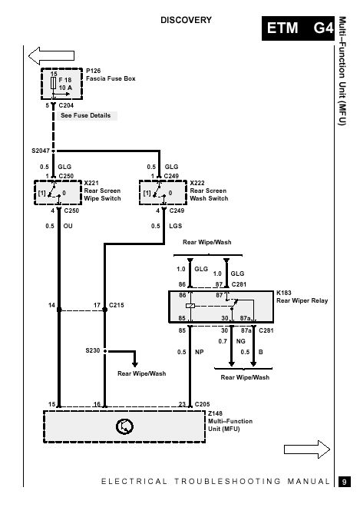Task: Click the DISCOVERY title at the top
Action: point(186,20)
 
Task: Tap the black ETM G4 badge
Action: point(298,28)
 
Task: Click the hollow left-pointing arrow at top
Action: point(51,55)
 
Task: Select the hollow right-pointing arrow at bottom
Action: point(307,449)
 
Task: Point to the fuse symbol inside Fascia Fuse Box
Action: point(54,83)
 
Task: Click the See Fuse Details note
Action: point(86,115)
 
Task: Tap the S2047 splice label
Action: point(40,151)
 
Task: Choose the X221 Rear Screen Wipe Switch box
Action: point(58,192)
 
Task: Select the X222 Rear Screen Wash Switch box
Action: point(163,192)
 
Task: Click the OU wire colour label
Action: point(68,226)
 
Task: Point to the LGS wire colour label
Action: point(175,226)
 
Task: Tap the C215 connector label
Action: point(116,305)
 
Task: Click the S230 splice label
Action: point(93,350)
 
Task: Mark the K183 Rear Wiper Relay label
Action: point(302,297)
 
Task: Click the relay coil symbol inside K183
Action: point(190,306)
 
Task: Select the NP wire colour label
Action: point(199,352)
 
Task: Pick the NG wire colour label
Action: point(241,341)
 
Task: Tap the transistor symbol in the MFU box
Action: point(125,426)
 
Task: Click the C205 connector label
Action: point(202,404)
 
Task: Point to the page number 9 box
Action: point(345,482)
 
